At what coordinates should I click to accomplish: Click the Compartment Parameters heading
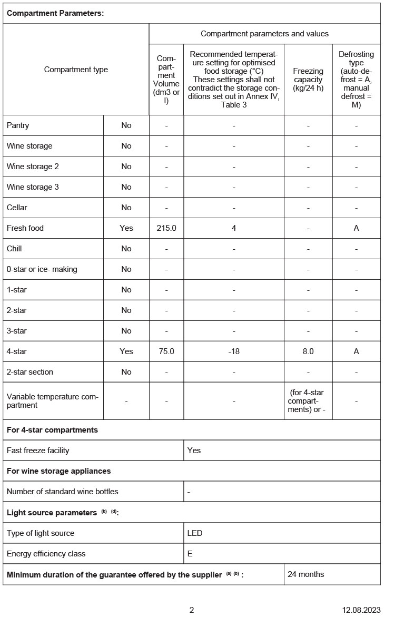[55, 14]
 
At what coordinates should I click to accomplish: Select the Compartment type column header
[76, 70]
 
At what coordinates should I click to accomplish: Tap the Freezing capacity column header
[308, 79]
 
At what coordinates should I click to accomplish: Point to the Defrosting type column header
[356, 79]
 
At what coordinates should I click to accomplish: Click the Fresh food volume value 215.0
[166, 228]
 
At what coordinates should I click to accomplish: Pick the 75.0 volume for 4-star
[166, 351]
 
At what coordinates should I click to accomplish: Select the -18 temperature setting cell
[234, 351]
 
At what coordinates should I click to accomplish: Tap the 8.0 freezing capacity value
[308, 351]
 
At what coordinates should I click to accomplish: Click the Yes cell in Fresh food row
[126, 228]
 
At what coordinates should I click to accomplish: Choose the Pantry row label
[18, 125]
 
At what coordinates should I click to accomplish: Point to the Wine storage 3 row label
[33, 187]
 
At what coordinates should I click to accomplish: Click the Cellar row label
[17, 208]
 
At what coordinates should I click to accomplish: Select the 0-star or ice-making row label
[42, 269]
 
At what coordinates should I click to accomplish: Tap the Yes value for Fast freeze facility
[194, 450]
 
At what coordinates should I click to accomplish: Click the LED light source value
[195, 533]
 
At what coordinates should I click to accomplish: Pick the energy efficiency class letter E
[190, 554]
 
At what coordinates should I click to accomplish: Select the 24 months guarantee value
[306, 574]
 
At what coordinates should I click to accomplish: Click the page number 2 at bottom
[192, 610]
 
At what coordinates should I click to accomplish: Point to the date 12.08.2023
[361, 610]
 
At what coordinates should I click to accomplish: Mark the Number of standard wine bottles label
[62, 492]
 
